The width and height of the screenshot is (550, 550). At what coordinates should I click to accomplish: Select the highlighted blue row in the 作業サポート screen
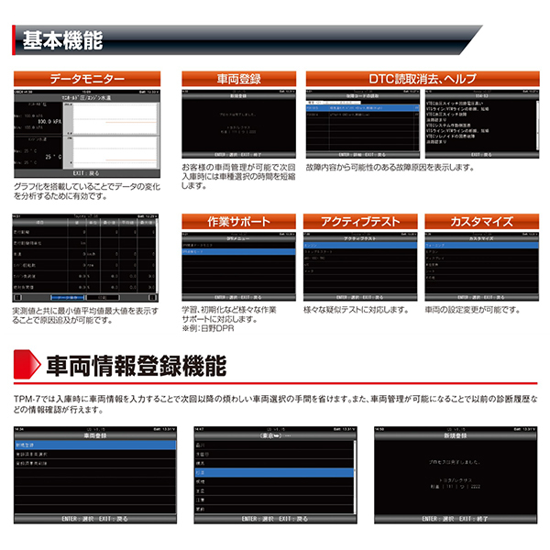(x=239, y=251)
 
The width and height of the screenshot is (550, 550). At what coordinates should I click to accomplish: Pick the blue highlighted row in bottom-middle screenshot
(x=275, y=473)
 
